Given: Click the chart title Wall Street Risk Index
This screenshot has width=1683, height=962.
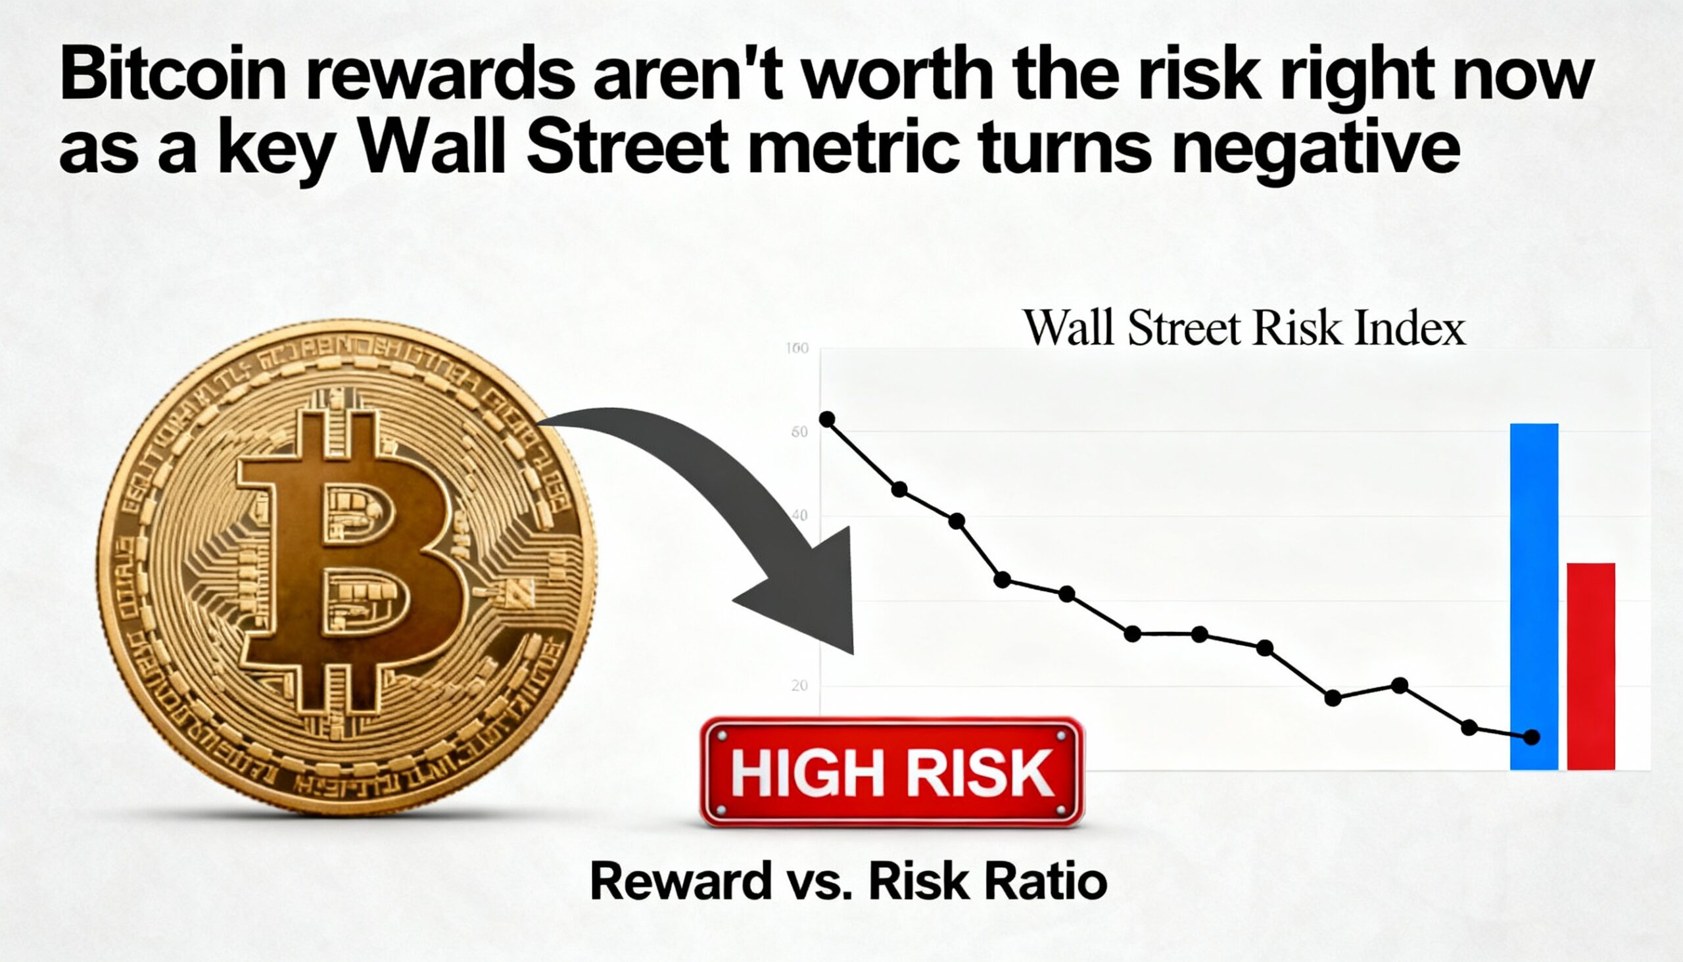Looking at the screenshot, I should (1244, 327).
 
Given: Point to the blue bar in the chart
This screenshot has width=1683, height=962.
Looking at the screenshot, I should (1534, 594).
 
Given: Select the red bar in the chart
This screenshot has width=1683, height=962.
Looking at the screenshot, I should (1590, 666).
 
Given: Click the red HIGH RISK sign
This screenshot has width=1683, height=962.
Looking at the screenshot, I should (891, 772).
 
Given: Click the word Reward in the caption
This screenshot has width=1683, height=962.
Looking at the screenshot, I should (681, 881).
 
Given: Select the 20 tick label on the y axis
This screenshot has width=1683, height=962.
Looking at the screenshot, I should (799, 686).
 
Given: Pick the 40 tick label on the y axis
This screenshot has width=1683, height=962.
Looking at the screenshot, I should (799, 516).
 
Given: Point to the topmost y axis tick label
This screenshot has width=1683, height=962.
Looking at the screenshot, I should (797, 349).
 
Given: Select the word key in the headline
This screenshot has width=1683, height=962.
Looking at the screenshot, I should (275, 149).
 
